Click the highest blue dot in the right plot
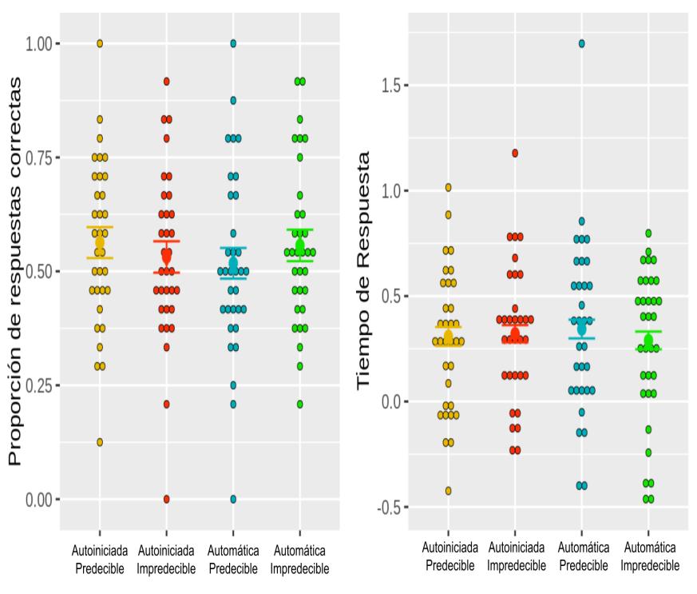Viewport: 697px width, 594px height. click(582, 44)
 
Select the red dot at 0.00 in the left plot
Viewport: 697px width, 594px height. click(167, 499)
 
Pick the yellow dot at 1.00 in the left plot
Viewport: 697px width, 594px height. click(100, 43)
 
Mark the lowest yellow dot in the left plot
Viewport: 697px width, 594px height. click(100, 442)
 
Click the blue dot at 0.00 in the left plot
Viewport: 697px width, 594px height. click(233, 499)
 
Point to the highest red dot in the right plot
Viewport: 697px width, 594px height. click(515, 153)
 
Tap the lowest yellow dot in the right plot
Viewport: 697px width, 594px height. click(448, 491)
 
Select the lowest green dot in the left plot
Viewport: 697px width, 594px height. click(300, 404)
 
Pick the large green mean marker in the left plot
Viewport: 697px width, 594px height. click(300, 245)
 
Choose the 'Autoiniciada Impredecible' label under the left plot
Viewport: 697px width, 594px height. click(167, 560)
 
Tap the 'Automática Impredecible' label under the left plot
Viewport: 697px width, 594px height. click(300, 560)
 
